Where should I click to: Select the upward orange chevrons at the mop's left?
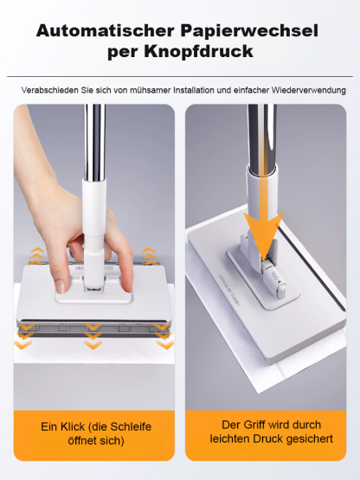click(x=35, y=256)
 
